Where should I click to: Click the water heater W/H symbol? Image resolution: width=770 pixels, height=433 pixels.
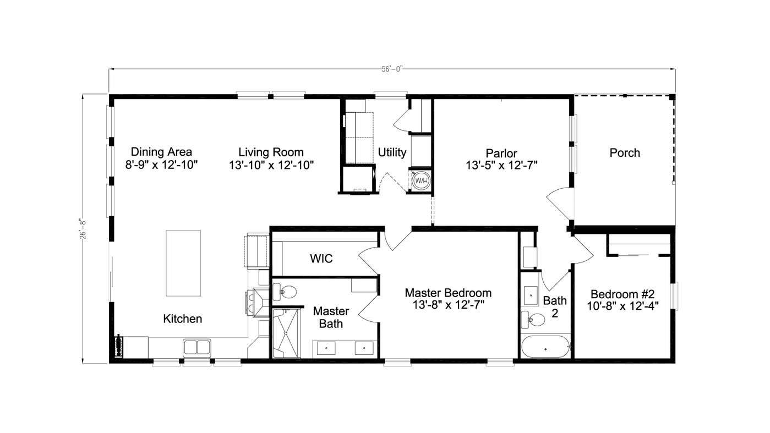421,180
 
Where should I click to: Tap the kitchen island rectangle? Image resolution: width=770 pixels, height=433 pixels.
183,263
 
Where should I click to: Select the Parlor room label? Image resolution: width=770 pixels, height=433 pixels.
501,154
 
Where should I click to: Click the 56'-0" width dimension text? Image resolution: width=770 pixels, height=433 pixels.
392,69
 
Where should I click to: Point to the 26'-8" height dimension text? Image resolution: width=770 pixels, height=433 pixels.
83,228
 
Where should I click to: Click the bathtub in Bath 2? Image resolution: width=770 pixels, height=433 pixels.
545,347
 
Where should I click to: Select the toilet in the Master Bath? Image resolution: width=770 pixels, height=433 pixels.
285,292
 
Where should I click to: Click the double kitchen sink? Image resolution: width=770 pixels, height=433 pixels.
196,347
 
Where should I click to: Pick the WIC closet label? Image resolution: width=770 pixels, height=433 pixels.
321,259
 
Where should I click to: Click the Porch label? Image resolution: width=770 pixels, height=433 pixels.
625,153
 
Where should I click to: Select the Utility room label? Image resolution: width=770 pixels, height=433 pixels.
392,152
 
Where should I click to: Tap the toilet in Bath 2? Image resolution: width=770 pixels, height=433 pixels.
530,318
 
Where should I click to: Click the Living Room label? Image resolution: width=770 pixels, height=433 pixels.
271,152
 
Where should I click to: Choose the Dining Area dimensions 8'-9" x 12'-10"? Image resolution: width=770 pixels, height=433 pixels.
161,165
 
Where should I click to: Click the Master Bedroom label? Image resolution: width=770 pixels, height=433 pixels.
448,293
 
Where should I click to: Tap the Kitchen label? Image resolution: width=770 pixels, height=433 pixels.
183,319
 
